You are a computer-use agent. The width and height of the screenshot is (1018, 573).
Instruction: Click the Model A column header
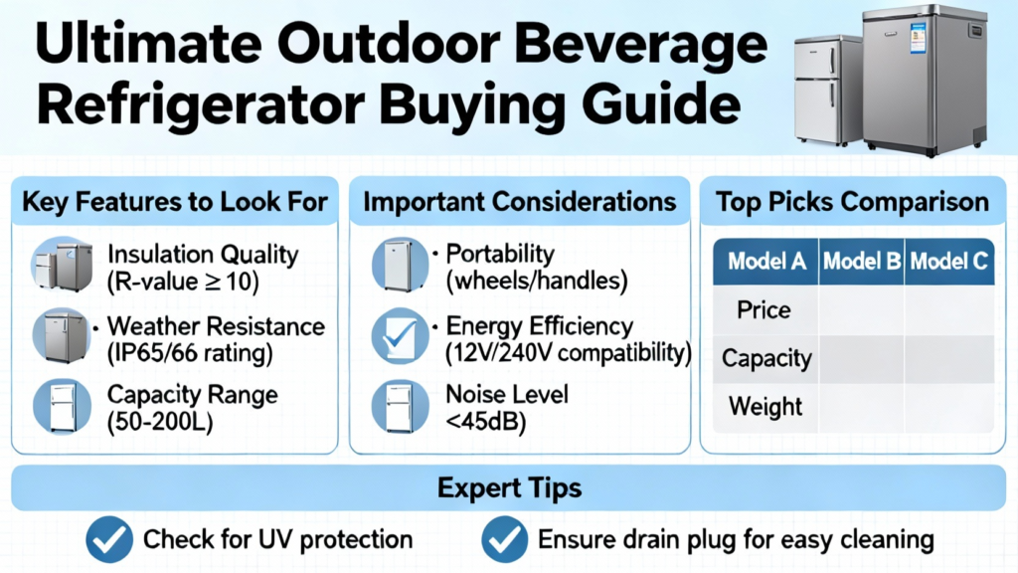click(766, 262)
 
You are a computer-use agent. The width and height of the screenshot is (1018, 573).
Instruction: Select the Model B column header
click(862, 262)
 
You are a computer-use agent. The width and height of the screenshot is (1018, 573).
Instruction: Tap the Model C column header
click(949, 262)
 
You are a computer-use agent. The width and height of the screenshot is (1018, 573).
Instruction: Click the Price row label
click(763, 310)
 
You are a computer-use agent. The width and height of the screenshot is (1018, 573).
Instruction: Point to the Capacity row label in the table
click(766, 358)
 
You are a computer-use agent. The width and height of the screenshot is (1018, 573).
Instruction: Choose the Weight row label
click(765, 407)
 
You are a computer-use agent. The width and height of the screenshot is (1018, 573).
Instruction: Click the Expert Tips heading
click(509, 487)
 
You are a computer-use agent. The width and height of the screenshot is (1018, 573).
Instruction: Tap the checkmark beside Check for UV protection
click(109, 539)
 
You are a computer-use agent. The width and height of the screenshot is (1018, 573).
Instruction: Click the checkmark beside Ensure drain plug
click(504, 539)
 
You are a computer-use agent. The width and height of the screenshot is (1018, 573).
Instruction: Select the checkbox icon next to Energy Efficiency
click(400, 336)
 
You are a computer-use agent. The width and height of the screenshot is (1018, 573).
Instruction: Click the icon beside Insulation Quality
click(63, 264)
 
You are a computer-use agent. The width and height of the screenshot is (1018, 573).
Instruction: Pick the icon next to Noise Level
click(400, 407)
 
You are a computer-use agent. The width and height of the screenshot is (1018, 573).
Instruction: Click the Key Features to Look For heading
click(175, 202)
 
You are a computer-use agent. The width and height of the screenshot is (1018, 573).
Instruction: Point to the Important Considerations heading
click(519, 202)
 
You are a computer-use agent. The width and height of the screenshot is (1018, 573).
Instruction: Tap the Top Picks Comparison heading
click(852, 202)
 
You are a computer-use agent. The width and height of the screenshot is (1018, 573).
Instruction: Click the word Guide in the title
click(661, 105)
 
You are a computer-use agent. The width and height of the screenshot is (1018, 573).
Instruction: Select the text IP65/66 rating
click(190, 353)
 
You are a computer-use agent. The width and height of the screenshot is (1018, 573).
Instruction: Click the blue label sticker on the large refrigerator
click(918, 38)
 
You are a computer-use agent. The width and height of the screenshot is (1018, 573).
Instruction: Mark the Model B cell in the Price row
click(862, 310)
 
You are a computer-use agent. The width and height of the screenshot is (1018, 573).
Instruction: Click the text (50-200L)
click(160, 422)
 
